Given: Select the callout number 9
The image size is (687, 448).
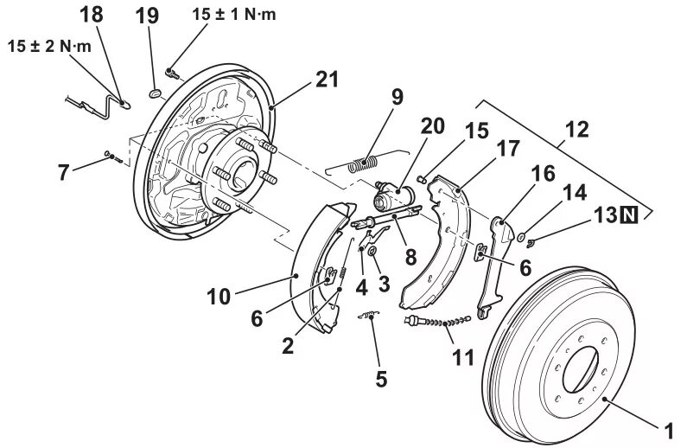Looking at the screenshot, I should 397,97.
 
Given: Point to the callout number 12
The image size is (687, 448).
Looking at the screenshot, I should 577,130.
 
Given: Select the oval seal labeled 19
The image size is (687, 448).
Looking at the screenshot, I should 156,93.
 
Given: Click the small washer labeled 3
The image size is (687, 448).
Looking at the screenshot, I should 372,252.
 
